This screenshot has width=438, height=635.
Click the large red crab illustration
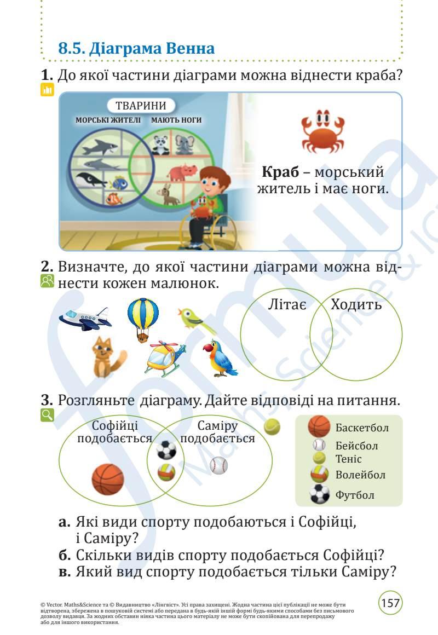322,132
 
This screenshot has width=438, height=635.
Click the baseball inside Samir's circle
218,466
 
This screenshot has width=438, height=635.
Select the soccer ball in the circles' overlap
166,450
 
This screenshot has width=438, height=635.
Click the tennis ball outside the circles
272,426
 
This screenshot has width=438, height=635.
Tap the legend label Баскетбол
362,428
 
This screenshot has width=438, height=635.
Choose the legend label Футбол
355,495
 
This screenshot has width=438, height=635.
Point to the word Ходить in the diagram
356,304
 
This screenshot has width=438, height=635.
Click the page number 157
390,603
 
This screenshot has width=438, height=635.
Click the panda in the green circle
159,145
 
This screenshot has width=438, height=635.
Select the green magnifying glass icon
47,415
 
